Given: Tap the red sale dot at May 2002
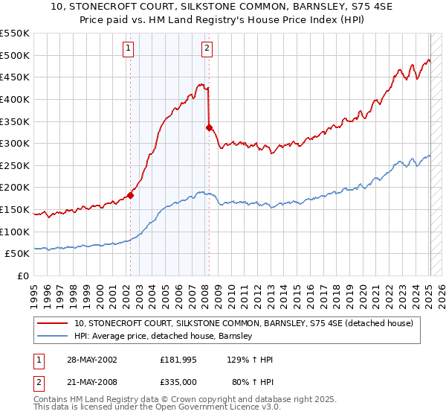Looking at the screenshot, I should point(131,196).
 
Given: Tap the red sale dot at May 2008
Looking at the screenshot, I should point(209,127).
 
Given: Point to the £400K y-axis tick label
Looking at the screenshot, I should point(15,99).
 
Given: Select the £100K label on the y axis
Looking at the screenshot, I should point(15,232).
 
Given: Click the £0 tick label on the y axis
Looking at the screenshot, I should point(22,276).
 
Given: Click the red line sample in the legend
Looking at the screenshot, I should point(54,323).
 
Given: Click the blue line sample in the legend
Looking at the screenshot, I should point(54,337).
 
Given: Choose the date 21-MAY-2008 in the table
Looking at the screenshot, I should point(90,382).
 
